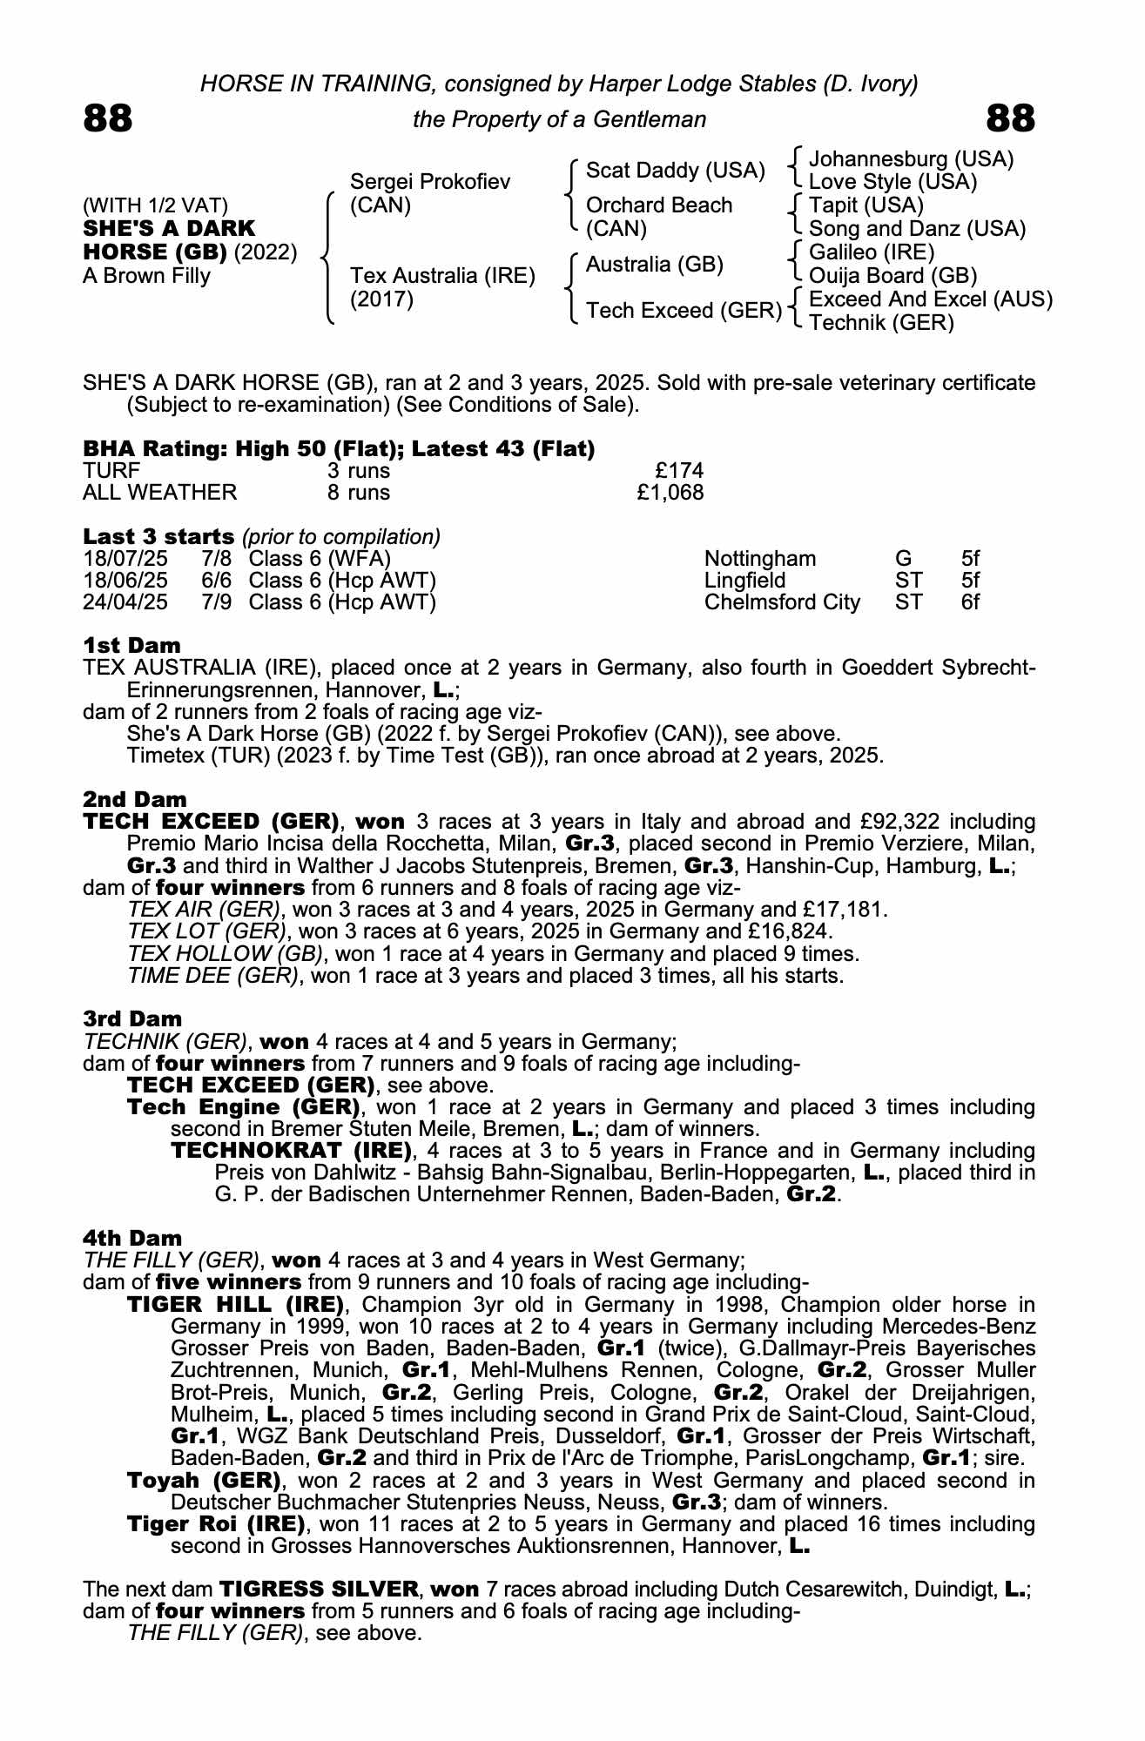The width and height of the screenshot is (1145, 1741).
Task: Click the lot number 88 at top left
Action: (108, 118)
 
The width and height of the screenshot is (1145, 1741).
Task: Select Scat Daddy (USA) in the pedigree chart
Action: (675, 171)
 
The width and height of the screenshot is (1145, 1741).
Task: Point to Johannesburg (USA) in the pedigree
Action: (911, 159)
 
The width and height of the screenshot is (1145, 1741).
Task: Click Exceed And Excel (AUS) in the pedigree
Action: (930, 299)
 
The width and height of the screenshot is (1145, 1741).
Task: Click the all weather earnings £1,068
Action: (670, 493)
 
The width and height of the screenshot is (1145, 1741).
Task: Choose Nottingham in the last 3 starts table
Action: (760, 559)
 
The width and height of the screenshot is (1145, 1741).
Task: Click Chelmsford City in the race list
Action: (782, 602)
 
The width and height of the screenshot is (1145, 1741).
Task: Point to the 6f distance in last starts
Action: (970, 602)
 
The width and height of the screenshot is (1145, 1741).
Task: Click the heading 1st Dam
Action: (132, 645)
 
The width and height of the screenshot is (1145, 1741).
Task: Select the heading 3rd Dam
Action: (132, 1018)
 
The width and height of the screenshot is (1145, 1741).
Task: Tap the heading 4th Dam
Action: (132, 1238)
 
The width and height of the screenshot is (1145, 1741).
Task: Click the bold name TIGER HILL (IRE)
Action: (236, 1304)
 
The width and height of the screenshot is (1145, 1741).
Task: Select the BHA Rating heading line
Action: (339, 449)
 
